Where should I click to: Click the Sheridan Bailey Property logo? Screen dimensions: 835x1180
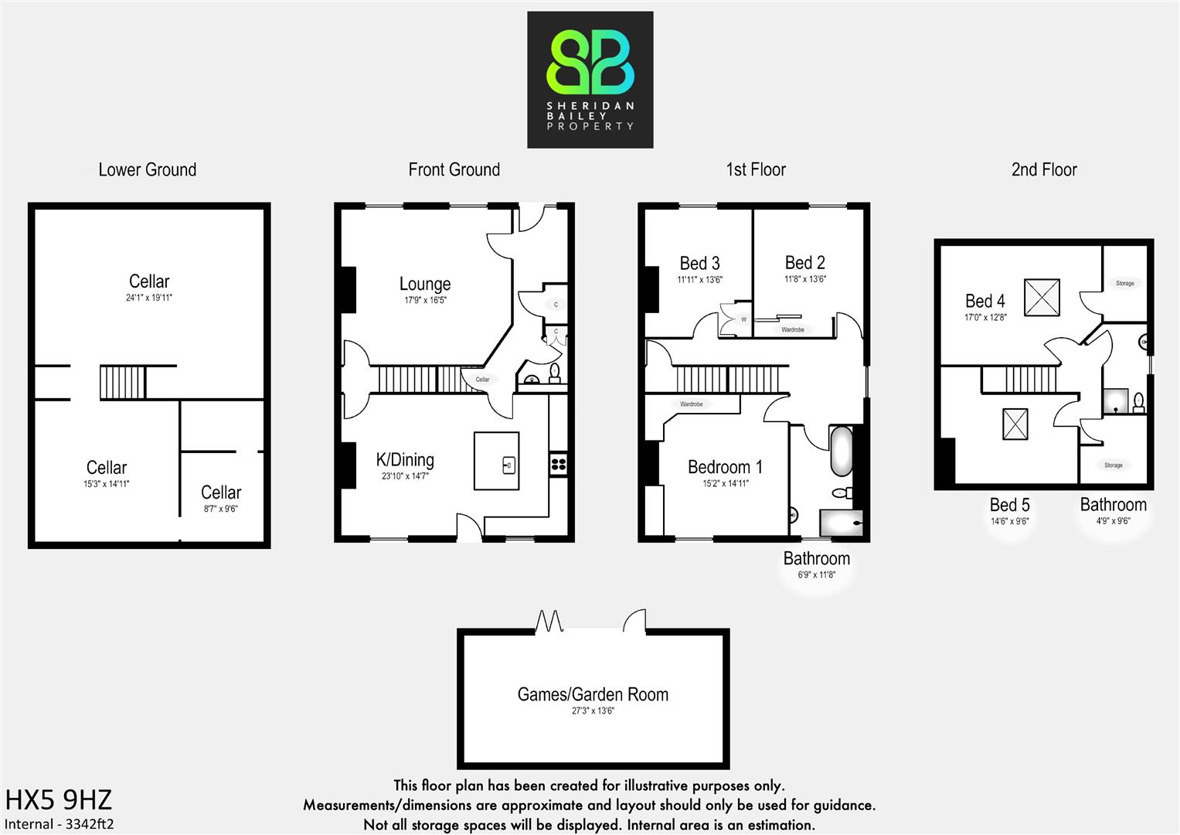pos(590,80)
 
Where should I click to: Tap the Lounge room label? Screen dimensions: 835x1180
pos(425,285)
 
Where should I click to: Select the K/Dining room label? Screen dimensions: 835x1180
pos(405,461)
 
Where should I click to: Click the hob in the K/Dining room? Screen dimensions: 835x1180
pos(558,464)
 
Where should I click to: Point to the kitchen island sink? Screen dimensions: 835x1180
pos(508,465)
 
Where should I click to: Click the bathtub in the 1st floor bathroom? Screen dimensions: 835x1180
pos(840,452)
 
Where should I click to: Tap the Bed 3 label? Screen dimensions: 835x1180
pos(699,264)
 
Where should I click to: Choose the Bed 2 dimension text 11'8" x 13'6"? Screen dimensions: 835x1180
pos(805,279)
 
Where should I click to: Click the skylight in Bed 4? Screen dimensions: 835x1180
pos(1042,297)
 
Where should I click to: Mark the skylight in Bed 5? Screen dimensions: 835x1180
pos(1015,424)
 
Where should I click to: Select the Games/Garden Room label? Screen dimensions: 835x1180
pos(593,694)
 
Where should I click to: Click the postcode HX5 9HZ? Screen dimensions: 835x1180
pos(59,799)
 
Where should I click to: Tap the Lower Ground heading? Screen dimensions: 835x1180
pos(148,170)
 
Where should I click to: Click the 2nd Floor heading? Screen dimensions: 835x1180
pos(1044,170)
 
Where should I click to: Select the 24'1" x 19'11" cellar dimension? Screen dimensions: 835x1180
pos(149,298)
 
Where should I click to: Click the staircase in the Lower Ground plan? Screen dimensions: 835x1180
pos(122,382)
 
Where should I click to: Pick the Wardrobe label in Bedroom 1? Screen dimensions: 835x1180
pos(692,404)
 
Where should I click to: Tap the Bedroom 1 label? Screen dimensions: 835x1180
pos(725,467)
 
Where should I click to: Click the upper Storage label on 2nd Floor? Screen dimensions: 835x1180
pos(1124,283)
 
